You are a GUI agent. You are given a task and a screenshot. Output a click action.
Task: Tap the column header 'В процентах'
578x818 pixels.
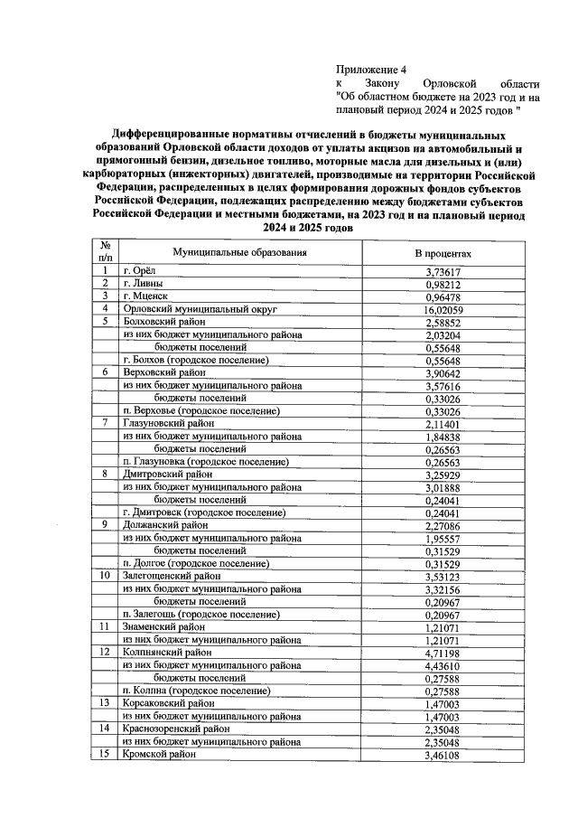point(443,253)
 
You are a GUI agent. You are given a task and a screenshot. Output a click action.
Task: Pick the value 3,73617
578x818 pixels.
point(443,271)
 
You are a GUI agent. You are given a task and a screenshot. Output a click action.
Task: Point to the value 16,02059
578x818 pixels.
point(443,308)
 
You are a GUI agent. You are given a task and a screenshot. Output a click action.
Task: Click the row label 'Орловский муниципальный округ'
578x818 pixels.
point(192,308)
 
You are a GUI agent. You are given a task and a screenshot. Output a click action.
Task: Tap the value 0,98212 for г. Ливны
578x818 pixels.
point(443,284)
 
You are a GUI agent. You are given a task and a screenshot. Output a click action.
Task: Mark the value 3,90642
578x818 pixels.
point(443,371)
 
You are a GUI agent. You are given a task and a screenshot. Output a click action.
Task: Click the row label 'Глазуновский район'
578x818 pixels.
point(169,422)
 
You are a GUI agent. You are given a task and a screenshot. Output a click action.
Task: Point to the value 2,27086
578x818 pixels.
point(443,524)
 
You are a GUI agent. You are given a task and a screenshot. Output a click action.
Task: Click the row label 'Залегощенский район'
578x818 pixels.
point(172,575)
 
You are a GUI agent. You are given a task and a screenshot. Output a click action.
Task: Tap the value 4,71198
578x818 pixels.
point(443,651)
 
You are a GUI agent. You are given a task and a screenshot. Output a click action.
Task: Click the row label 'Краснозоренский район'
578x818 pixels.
point(176,728)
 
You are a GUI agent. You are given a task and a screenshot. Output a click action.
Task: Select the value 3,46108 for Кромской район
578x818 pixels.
point(443,753)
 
